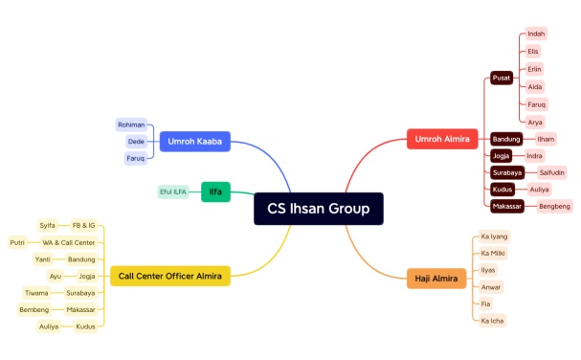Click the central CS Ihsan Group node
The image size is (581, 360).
[318, 209]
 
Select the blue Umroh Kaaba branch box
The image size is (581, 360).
[194, 142]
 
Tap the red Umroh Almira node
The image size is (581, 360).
[441, 139]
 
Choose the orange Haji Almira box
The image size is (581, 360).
[435, 279]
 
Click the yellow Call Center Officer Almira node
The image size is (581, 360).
[170, 277]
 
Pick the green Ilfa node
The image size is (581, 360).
[215, 192]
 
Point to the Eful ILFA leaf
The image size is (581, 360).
[173, 192]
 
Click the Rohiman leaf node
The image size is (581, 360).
[131, 124]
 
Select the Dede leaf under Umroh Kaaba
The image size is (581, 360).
[136, 142]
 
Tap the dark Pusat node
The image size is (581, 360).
[502, 78]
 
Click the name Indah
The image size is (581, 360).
[536, 34]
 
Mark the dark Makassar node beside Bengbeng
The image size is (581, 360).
[507, 206]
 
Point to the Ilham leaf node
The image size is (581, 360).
[546, 139]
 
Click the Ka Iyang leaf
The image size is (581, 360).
[495, 236]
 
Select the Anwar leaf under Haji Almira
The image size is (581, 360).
[492, 286]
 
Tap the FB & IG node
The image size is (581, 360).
[84, 225]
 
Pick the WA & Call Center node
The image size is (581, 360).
[69, 242]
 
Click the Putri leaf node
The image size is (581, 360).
[17, 242]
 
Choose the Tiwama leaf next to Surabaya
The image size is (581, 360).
[36, 293]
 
